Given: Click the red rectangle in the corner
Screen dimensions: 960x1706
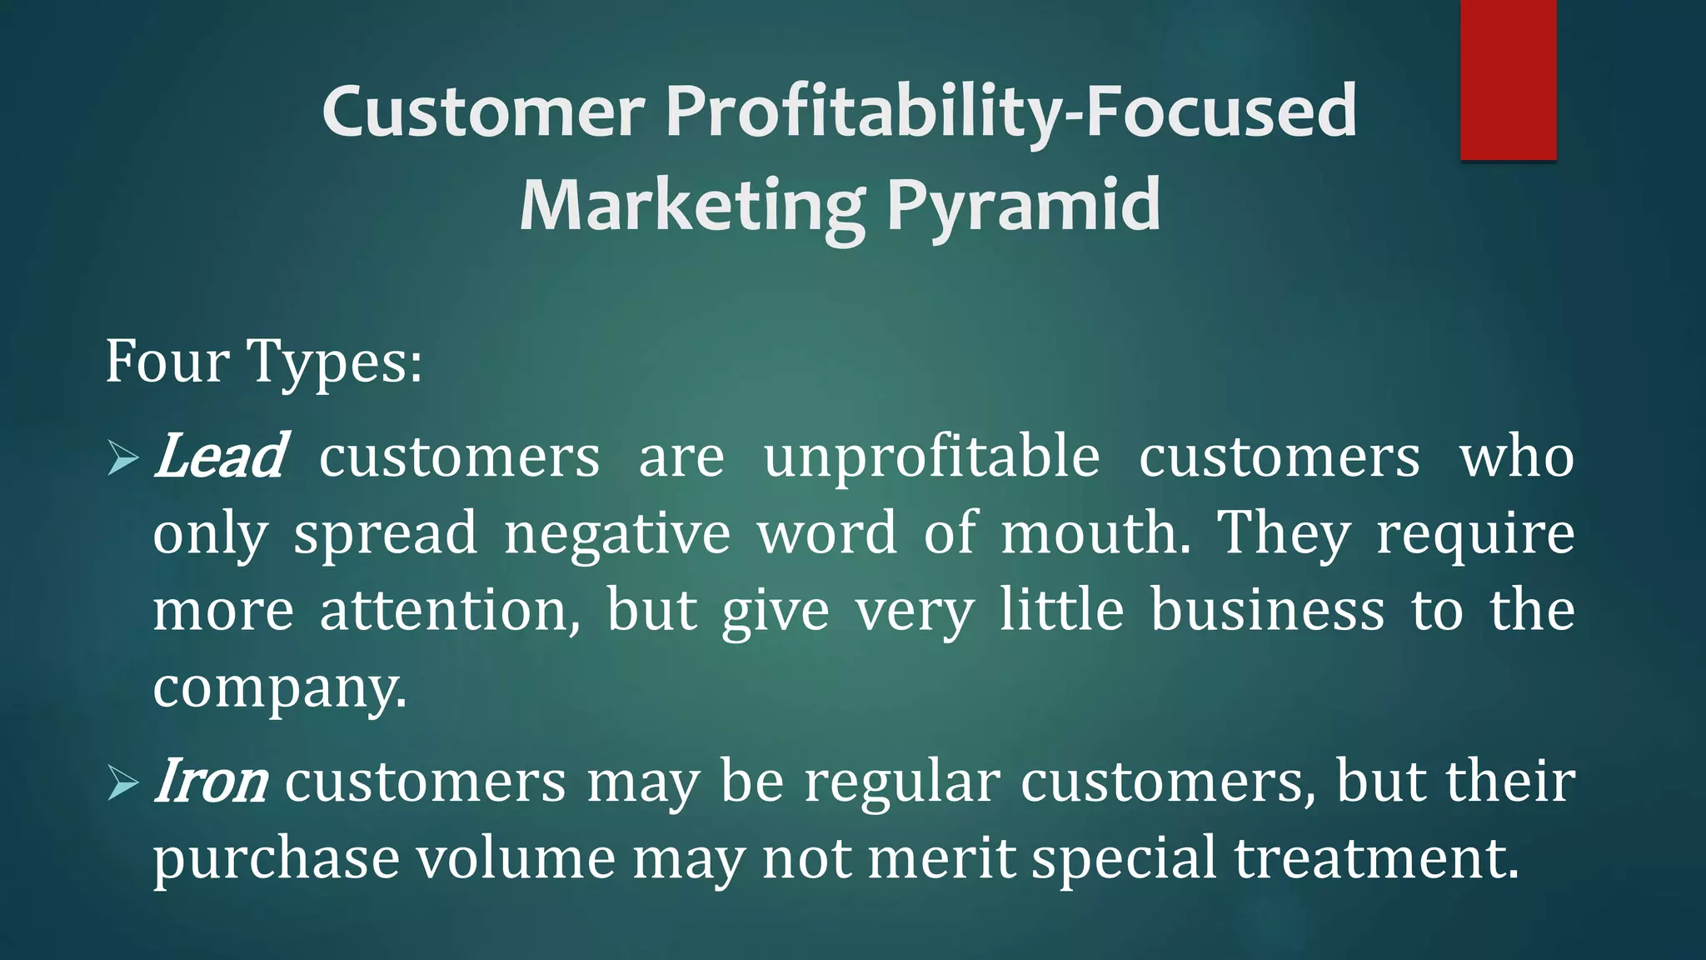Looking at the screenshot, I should click(x=1508, y=79).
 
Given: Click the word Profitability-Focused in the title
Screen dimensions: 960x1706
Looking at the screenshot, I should click(x=1011, y=112).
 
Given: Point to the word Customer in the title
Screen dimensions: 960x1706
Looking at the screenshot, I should click(x=483, y=112).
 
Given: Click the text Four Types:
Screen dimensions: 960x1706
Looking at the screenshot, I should click(x=263, y=362).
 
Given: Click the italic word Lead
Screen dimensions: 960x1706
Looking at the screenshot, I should click(x=220, y=457).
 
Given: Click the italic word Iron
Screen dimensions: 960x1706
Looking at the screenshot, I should click(x=210, y=782).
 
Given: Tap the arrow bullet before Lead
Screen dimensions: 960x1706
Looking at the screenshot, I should click(x=122, y=459).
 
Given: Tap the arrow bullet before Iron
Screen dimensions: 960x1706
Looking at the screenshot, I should click(x=122, y=783).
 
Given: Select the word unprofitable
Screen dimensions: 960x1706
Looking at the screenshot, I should click(x=931, y=457).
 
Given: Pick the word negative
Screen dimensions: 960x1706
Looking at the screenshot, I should click(x=617, y=534).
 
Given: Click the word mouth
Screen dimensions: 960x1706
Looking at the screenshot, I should click(x=1095, y=534).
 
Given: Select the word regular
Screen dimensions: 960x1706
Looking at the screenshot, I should click(x=901, y=782).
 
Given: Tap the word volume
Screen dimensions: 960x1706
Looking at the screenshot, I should click(x=516, y=859).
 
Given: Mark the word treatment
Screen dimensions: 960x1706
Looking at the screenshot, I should click(x=1376, y=859).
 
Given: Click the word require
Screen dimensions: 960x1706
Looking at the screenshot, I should click(x=1475, y=534).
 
